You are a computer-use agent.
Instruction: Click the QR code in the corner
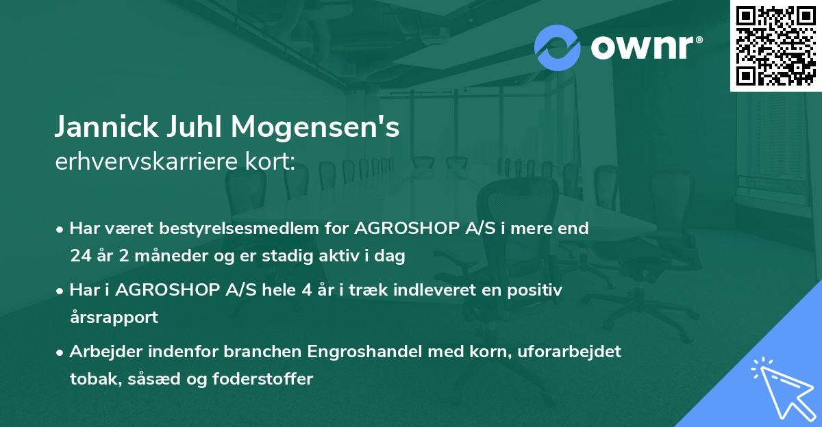[775, 46]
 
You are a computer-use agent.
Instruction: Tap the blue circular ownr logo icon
[557, 47]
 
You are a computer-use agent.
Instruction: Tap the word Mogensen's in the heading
[315, 127]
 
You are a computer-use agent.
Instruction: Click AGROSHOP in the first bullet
[402, 229]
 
